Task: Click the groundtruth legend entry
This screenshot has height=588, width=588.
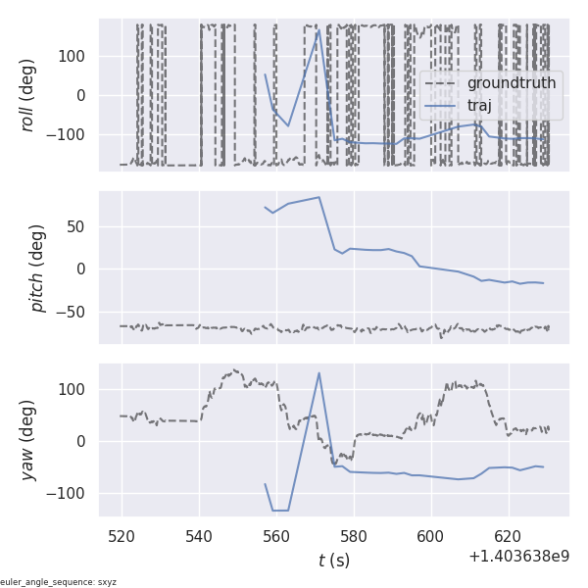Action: click(511, 83)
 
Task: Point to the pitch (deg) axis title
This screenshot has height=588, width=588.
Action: click(38, 268)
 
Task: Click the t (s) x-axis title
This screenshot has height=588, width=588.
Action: click(333, 561)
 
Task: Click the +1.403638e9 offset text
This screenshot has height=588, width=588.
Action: click(518, 557)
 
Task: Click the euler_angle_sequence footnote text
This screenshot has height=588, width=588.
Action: click(59, 582)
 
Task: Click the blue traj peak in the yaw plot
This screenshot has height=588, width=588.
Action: click(319, 372)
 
